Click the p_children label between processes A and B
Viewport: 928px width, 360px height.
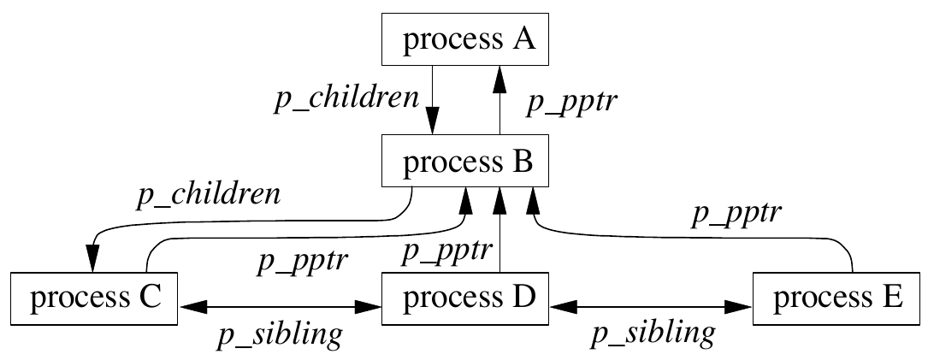tap(346, 99)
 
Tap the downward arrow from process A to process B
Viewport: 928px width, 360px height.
tap(432, 98)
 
